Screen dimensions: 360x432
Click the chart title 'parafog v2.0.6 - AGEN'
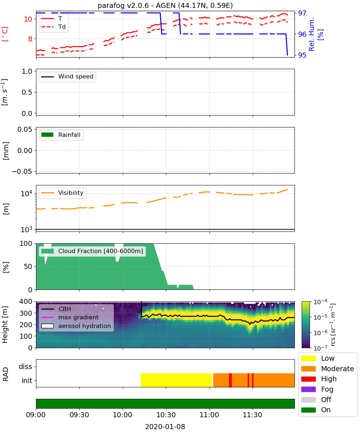coord(137,6)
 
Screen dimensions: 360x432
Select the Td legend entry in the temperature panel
coord(53,27)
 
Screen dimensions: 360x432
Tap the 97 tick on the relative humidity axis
coord(302,13)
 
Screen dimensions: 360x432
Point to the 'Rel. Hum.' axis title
coord(311,34)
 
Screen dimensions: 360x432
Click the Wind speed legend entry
coord(67,77)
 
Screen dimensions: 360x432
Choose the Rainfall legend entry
coord(61,135)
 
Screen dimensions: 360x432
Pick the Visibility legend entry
coord(62,193)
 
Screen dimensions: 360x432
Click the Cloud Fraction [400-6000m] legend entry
coord(92,251)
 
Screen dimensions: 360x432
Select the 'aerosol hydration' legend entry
coord(76,326)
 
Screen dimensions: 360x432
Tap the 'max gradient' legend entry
coord(70,317)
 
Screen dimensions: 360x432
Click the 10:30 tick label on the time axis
coord(166,415)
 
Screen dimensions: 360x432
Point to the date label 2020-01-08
coord(165,427)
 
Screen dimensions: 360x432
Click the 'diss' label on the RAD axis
coord(26,366)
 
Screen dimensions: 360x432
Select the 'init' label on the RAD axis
coord(27,381)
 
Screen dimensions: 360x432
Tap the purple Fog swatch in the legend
coord(308,389)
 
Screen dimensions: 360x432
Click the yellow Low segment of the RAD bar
coord(176,380)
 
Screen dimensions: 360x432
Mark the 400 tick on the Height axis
coord(26,301)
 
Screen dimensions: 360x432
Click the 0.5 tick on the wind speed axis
coord(27,92)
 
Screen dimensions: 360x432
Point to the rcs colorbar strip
coord(306,325)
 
